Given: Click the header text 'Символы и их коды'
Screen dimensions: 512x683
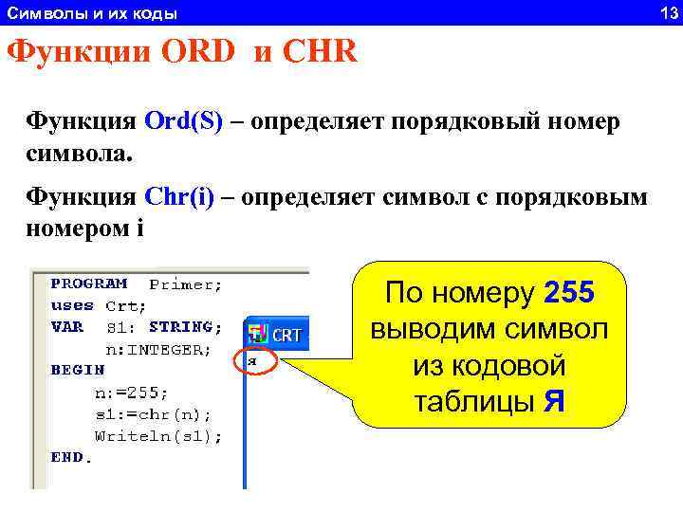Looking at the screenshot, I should tap(91, 13).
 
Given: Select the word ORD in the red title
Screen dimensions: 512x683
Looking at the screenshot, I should tap(202, 51).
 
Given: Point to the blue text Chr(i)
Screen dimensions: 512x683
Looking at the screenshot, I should tap(180, 196).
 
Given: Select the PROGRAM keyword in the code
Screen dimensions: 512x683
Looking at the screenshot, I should tap(89, 283).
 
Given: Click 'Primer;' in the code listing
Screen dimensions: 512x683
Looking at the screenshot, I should tap(186, 283).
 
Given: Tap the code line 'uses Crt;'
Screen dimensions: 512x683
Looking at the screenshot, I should tap(99, 305).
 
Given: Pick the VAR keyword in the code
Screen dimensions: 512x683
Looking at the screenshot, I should tap(66, 327).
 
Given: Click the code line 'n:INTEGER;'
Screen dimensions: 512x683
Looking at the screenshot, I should tap(158, 349).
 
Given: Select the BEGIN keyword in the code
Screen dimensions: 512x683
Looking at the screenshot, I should tap(78, 371).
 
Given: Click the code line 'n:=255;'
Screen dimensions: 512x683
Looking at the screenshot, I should tap(132, 393).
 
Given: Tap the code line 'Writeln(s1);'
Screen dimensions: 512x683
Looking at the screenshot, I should tap(158, 436).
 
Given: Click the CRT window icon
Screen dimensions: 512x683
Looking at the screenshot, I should tap(257, 334).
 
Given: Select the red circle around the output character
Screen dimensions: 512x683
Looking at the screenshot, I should tap(259, 362).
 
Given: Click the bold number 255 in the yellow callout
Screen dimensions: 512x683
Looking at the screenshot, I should tap(569, 293).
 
